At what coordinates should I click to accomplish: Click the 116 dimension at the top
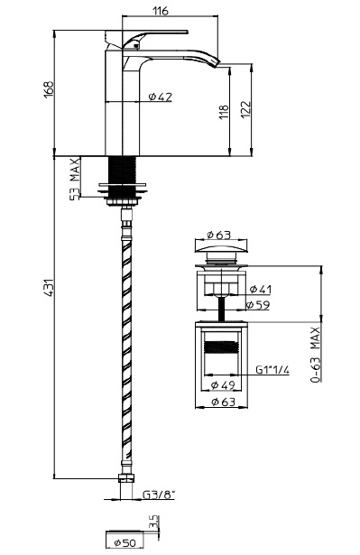[x=161, y=11]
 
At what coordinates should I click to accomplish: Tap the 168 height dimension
[x=49, y=90]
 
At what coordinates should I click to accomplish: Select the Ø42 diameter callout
[x=161, y=97]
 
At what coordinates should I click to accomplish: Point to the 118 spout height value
[x=224, y=112]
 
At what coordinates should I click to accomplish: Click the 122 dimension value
[x=245, y=110]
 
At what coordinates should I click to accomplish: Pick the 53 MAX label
[x=75, y=180]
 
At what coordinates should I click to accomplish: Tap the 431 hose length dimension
[x=49, y=288]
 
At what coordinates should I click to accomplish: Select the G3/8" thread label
[x=159, y=495]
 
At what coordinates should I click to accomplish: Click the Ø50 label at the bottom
[x=125, y=542]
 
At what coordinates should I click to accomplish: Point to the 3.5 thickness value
[x=153, y=523]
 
